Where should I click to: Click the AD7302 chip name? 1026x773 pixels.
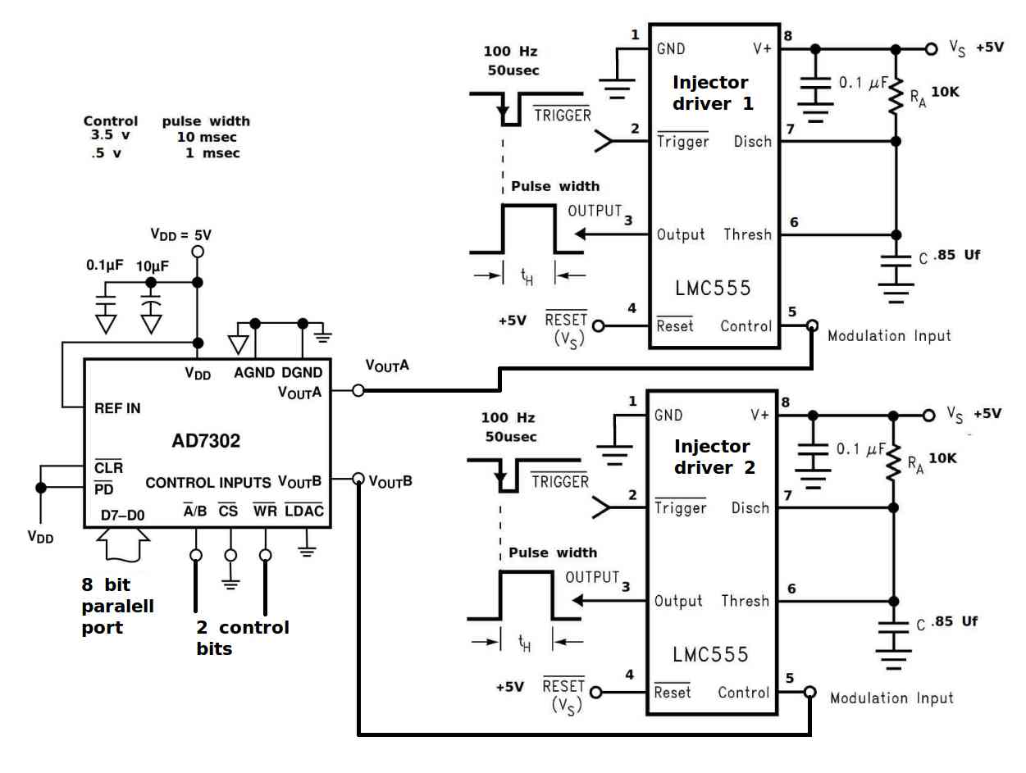206,440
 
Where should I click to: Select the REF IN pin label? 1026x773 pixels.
117,408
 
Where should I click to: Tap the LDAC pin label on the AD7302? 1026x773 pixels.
303,510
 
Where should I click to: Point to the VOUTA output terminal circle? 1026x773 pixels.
358,390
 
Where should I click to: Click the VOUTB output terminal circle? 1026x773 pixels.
358,478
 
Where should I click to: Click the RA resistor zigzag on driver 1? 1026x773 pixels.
896,96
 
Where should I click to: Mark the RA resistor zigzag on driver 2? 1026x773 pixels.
893,462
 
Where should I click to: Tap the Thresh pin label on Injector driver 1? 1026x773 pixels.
747,234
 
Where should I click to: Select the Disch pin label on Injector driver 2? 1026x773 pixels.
750,507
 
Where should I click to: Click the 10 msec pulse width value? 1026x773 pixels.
207,137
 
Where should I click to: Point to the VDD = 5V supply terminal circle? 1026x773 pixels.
198,252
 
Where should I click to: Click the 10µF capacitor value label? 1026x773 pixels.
153,266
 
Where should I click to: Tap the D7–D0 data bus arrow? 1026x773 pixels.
123,544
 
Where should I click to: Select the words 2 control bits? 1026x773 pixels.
243,638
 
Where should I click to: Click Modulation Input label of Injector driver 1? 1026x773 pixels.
889,335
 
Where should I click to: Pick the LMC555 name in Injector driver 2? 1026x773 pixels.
710,654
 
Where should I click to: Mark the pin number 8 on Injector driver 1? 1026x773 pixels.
788,35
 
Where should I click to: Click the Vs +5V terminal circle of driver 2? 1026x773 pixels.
928,415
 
